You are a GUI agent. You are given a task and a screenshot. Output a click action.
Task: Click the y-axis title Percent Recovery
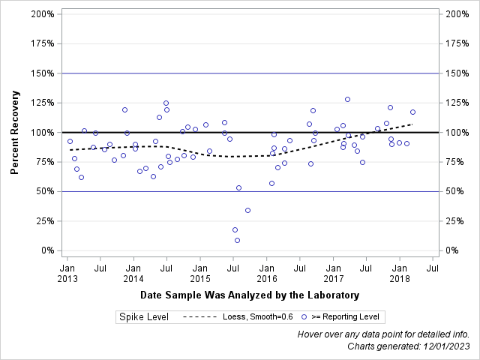point(14,132)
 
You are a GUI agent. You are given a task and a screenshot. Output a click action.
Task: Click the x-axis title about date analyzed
point(250,295)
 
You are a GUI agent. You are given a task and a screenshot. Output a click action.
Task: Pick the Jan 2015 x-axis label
point(200,274)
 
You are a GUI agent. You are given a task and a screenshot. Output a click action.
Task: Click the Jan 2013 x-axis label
point(67,274)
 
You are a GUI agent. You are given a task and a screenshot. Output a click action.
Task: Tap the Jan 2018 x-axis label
point(400,274)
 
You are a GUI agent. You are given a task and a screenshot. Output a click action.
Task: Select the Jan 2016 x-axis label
point(267,274)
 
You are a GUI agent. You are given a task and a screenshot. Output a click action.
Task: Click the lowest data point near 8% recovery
point(237,240)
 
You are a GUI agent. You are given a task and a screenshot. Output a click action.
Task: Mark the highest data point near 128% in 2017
point(347,99)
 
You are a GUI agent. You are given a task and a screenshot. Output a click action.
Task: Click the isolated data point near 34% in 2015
point(247,210)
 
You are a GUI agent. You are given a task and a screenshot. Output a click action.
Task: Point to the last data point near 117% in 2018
point(412,112)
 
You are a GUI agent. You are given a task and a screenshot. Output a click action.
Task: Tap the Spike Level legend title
point(143,317)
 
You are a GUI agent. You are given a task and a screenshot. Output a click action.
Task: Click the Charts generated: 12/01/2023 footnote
point(409,346)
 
